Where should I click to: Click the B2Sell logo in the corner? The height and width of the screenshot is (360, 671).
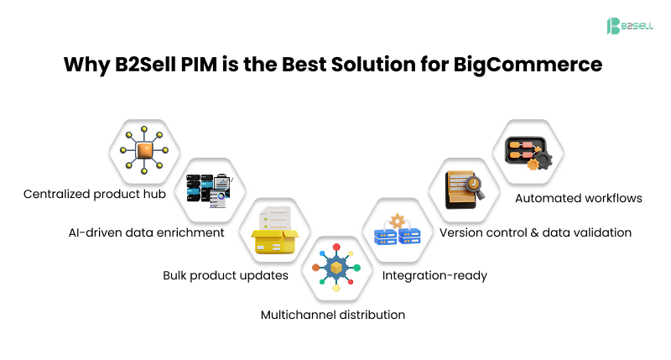(x=629, y=26)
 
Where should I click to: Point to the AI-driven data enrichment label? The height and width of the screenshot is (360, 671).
(x=148, y=232)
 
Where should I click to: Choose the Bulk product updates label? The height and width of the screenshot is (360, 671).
(x=226, y=275)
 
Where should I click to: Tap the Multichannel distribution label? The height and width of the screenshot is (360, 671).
(x=333, y=315)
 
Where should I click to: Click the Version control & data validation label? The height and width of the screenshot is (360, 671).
(x=535, y=232)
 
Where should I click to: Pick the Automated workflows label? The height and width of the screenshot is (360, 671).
(x=579, y=198)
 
